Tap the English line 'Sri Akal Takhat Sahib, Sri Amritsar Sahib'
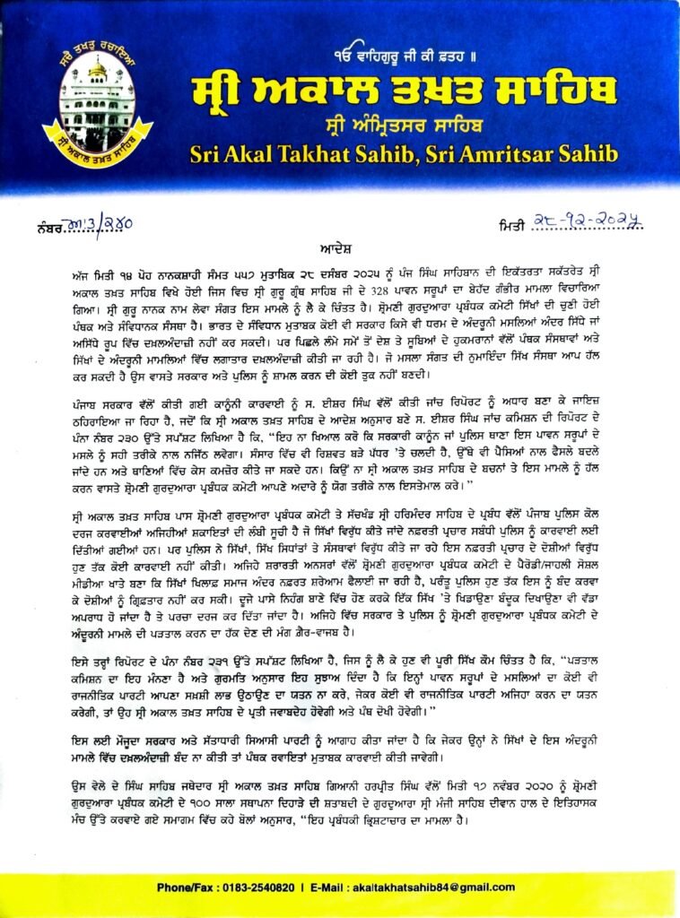point(404,154)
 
